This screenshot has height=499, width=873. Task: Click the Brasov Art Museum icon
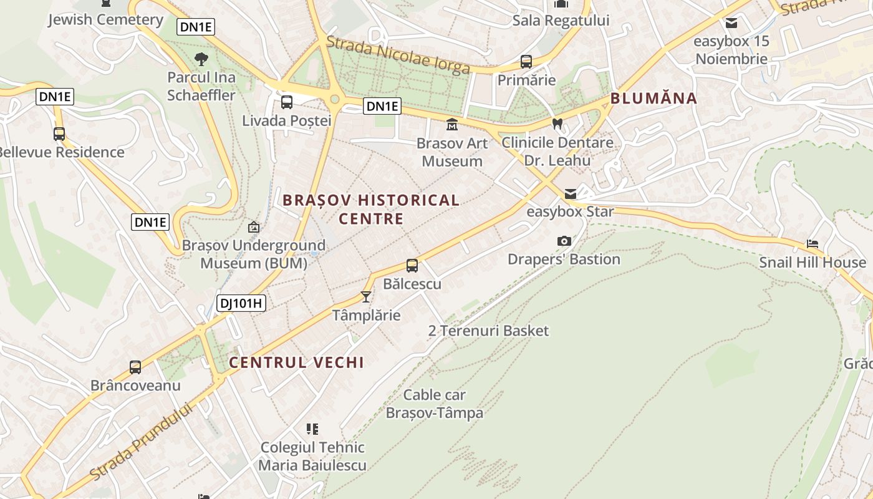(x=452, y=125)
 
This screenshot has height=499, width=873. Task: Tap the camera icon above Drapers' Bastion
(x=564, y=241)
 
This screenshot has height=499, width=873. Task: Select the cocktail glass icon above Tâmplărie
(x=366, y=296)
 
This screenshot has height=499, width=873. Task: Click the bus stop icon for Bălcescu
(x=412, y=266)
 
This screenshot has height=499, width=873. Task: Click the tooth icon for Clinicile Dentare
(x=557, y=124)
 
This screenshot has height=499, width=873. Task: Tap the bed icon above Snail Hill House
(x=813, y=244)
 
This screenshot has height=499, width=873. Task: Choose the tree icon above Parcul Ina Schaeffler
(x=201, y=59)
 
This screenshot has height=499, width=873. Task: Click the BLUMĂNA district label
(x=654, y=98)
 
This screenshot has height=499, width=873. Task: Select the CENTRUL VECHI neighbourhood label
(x=296, y=362)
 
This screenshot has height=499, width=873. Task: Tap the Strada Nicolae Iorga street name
(x=398, y=55)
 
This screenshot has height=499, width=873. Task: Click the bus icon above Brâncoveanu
(x=135, y=367)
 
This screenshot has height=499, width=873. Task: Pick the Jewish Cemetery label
(x=105, y=19)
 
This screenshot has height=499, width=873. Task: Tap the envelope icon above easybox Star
(x=571, y=194)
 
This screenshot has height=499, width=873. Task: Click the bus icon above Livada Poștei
(x=287, y=102)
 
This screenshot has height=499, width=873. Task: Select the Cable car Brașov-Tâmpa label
(x=435, y=404)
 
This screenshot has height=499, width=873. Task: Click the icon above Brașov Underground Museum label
(x=254, y=227)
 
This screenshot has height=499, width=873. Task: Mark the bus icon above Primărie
(x=526, y=62)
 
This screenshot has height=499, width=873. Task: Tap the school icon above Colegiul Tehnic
(x=312, y=429)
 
